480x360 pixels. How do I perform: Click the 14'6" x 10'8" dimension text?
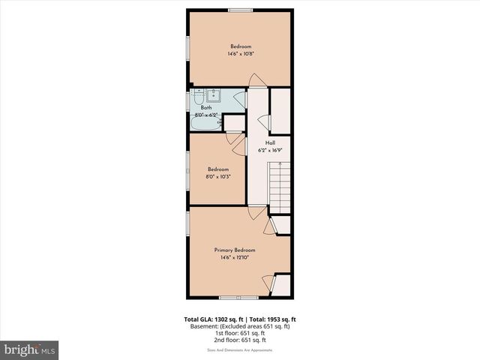(x=240, y=54)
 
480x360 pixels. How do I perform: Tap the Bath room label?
(x=205, y=107)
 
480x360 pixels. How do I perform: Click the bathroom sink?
(x=214, y=95)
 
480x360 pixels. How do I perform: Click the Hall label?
(x=270, y=142)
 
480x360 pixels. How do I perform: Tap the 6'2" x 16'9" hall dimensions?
(x=270, y=149)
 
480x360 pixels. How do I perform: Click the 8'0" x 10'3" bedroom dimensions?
(x=217, y=177)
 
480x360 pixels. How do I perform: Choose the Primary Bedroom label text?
(x=235, y=250)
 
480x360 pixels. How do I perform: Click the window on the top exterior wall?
(x=240, y=10)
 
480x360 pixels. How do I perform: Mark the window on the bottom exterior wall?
(x=235, y=298)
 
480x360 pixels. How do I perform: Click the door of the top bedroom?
(x=256, y=81)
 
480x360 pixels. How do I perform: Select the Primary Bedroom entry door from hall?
(x=256, y=213)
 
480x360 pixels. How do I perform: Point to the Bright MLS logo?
(x=30, y=349)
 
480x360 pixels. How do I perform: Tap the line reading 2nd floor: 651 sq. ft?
(x=240, y=340)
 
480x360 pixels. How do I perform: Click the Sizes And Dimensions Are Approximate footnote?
(x=240, y=350)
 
